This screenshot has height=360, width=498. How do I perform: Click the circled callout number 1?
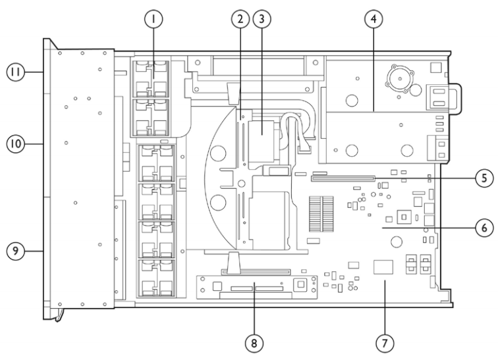click(153, 19)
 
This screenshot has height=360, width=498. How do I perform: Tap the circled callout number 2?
click(240, 19)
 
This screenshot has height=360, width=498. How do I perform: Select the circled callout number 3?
click(262, 19)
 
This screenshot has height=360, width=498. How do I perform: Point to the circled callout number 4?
click(373, 19)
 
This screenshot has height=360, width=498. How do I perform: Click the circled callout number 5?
click(484, 178)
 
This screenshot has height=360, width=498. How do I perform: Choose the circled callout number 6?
click(484, 228)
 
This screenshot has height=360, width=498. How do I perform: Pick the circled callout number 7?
click(385, 343)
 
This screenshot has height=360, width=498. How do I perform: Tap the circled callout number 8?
click(254, 343)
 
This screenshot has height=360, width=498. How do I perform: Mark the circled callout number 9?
click(16, 251)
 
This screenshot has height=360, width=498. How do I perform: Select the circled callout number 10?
click(16, 144)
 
